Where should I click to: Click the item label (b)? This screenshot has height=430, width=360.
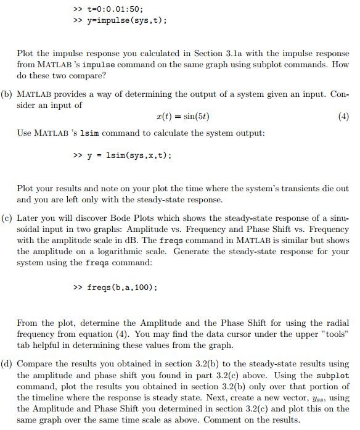(7, 94)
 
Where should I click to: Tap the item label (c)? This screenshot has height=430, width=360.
(7, 218)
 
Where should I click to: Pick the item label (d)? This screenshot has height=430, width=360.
(7, 364)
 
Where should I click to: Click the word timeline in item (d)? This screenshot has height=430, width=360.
(61, 397)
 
